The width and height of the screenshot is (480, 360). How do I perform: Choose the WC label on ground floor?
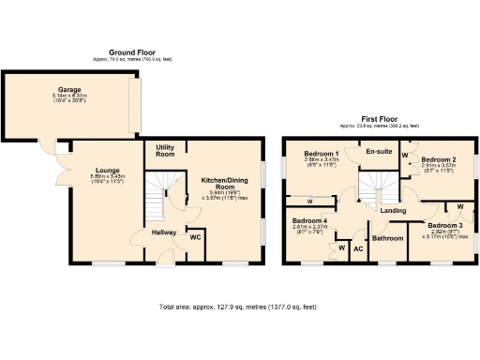195,237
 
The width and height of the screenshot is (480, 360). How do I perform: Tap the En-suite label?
379,150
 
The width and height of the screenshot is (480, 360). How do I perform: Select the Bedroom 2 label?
438,159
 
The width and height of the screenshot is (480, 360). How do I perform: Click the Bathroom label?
386,239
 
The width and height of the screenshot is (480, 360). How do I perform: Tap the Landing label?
394,211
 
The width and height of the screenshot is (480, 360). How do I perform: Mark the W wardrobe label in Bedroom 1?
308,201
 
